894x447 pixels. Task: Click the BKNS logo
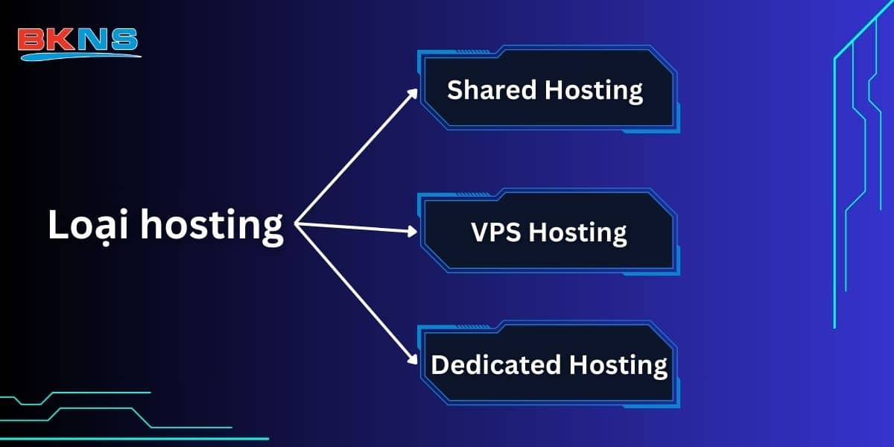pos(78,42)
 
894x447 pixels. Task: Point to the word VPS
pos(497,232)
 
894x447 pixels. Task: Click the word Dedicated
pos(496,365)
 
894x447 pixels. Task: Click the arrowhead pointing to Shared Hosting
pos(414,93)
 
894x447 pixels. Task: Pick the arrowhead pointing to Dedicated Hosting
pos(413,360)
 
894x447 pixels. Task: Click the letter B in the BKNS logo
pos(32,39)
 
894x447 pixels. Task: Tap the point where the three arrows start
pos(297,223)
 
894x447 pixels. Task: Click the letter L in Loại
pos(57,225)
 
